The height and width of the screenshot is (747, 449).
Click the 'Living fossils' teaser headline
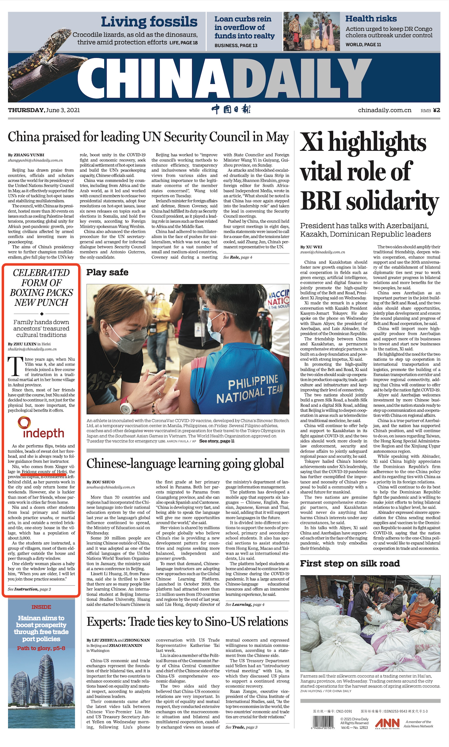(x=149, y=22)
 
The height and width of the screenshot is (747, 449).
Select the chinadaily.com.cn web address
(x=385, y=110)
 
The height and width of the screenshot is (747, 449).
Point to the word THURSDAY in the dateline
(x=26, y=110)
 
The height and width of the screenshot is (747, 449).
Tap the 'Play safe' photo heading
(x=107, y=273)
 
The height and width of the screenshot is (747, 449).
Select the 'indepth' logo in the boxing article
(x=41, y=429)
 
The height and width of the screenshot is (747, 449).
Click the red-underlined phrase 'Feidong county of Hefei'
(x=44, y=472)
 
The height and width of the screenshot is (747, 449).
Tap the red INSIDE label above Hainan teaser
(x=41, y=607)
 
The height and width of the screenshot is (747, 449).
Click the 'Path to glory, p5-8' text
(x=41, y=648)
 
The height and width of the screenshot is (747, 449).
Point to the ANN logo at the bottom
(x=387, y=723)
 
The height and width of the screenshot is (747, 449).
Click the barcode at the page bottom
(x=323, y=722)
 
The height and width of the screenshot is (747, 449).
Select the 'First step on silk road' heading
(x=350, y=563)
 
